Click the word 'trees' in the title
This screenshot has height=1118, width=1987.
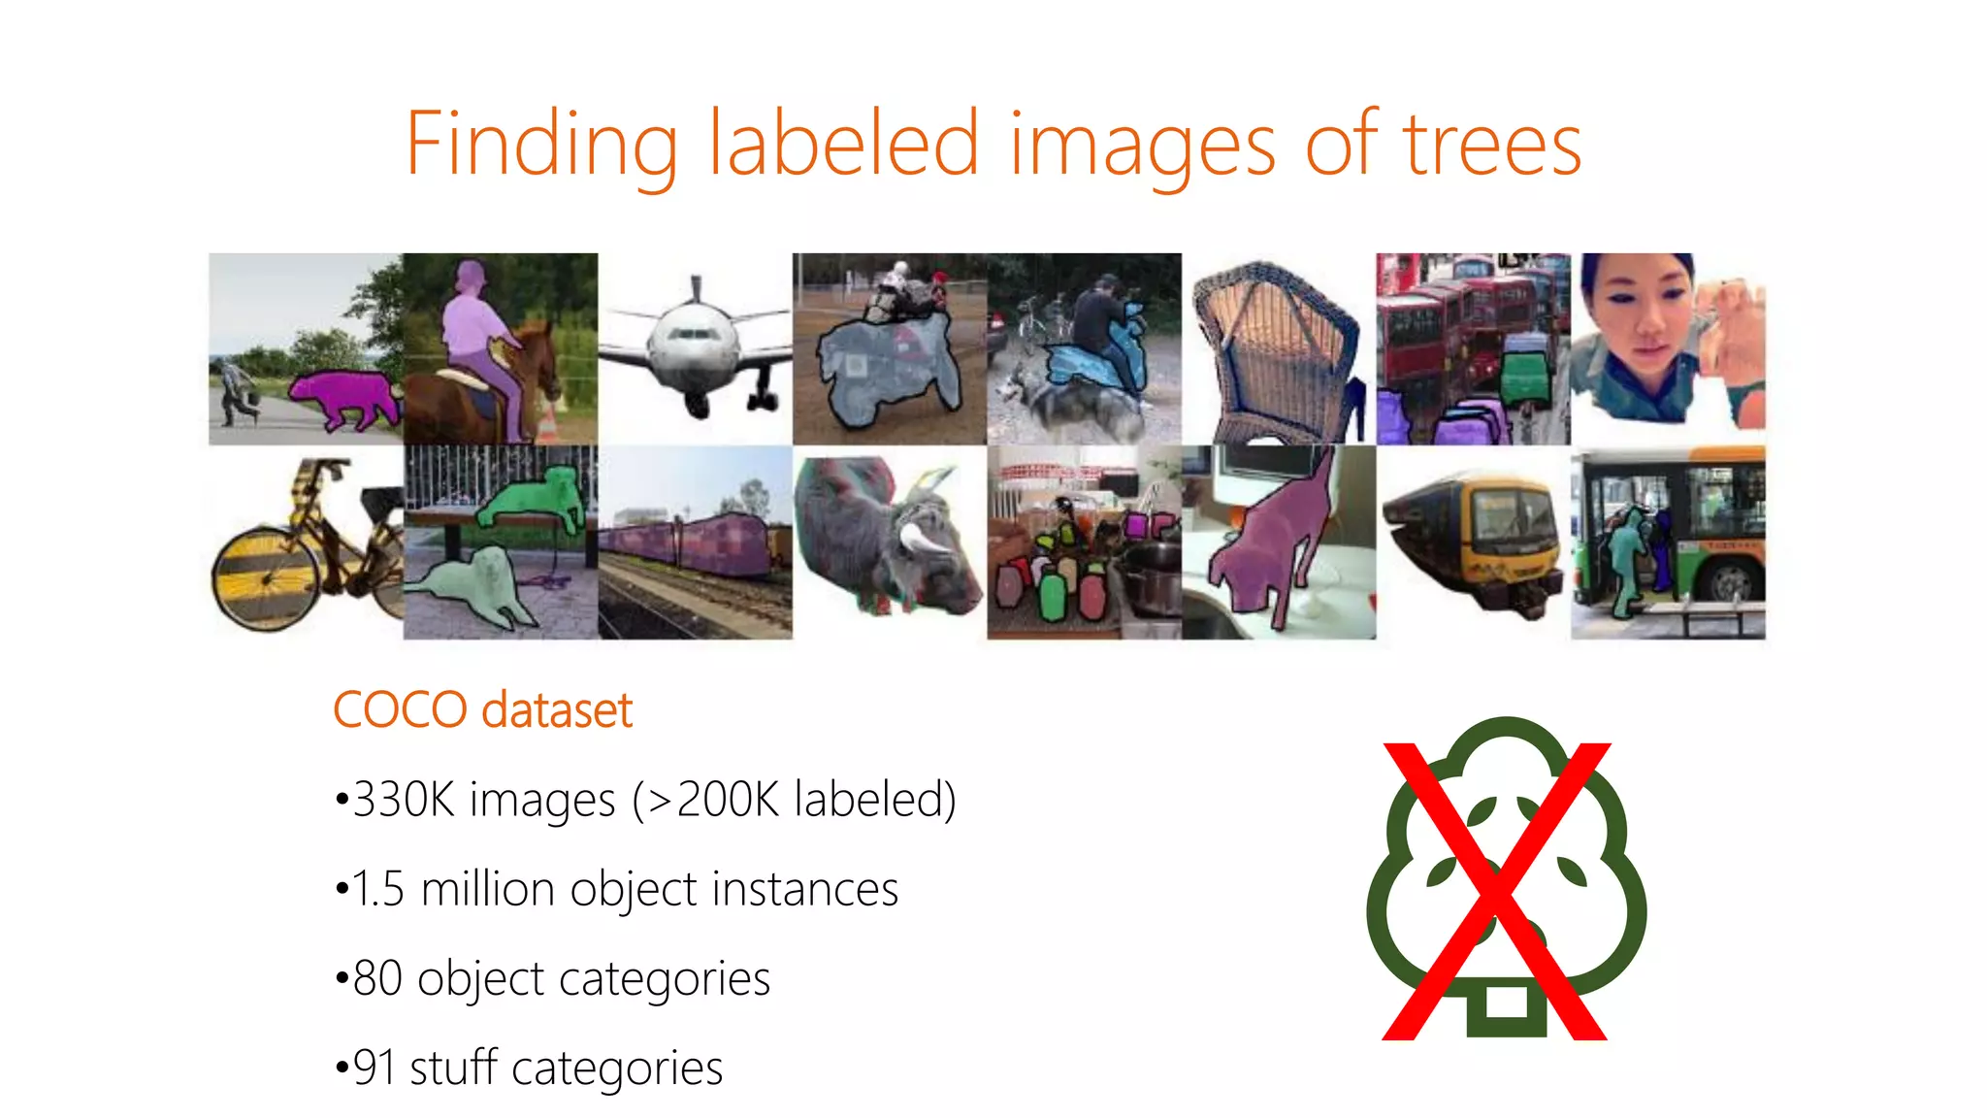click(1492, 146)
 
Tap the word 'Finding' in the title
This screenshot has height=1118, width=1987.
click(540, 146)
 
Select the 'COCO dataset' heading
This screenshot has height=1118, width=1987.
click(482, 709)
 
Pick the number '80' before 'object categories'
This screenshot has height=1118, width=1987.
click(377, 978)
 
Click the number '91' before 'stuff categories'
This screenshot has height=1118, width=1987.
click(374, 1068)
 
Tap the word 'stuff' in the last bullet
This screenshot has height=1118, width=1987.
click(453, 1068)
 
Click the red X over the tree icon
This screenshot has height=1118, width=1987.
click(1495, 891)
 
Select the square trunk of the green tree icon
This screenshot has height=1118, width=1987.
click(1506, 1004)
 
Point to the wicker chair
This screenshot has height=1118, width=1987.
click(1276, 349)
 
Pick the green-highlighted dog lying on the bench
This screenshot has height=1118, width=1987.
click(535, 500)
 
